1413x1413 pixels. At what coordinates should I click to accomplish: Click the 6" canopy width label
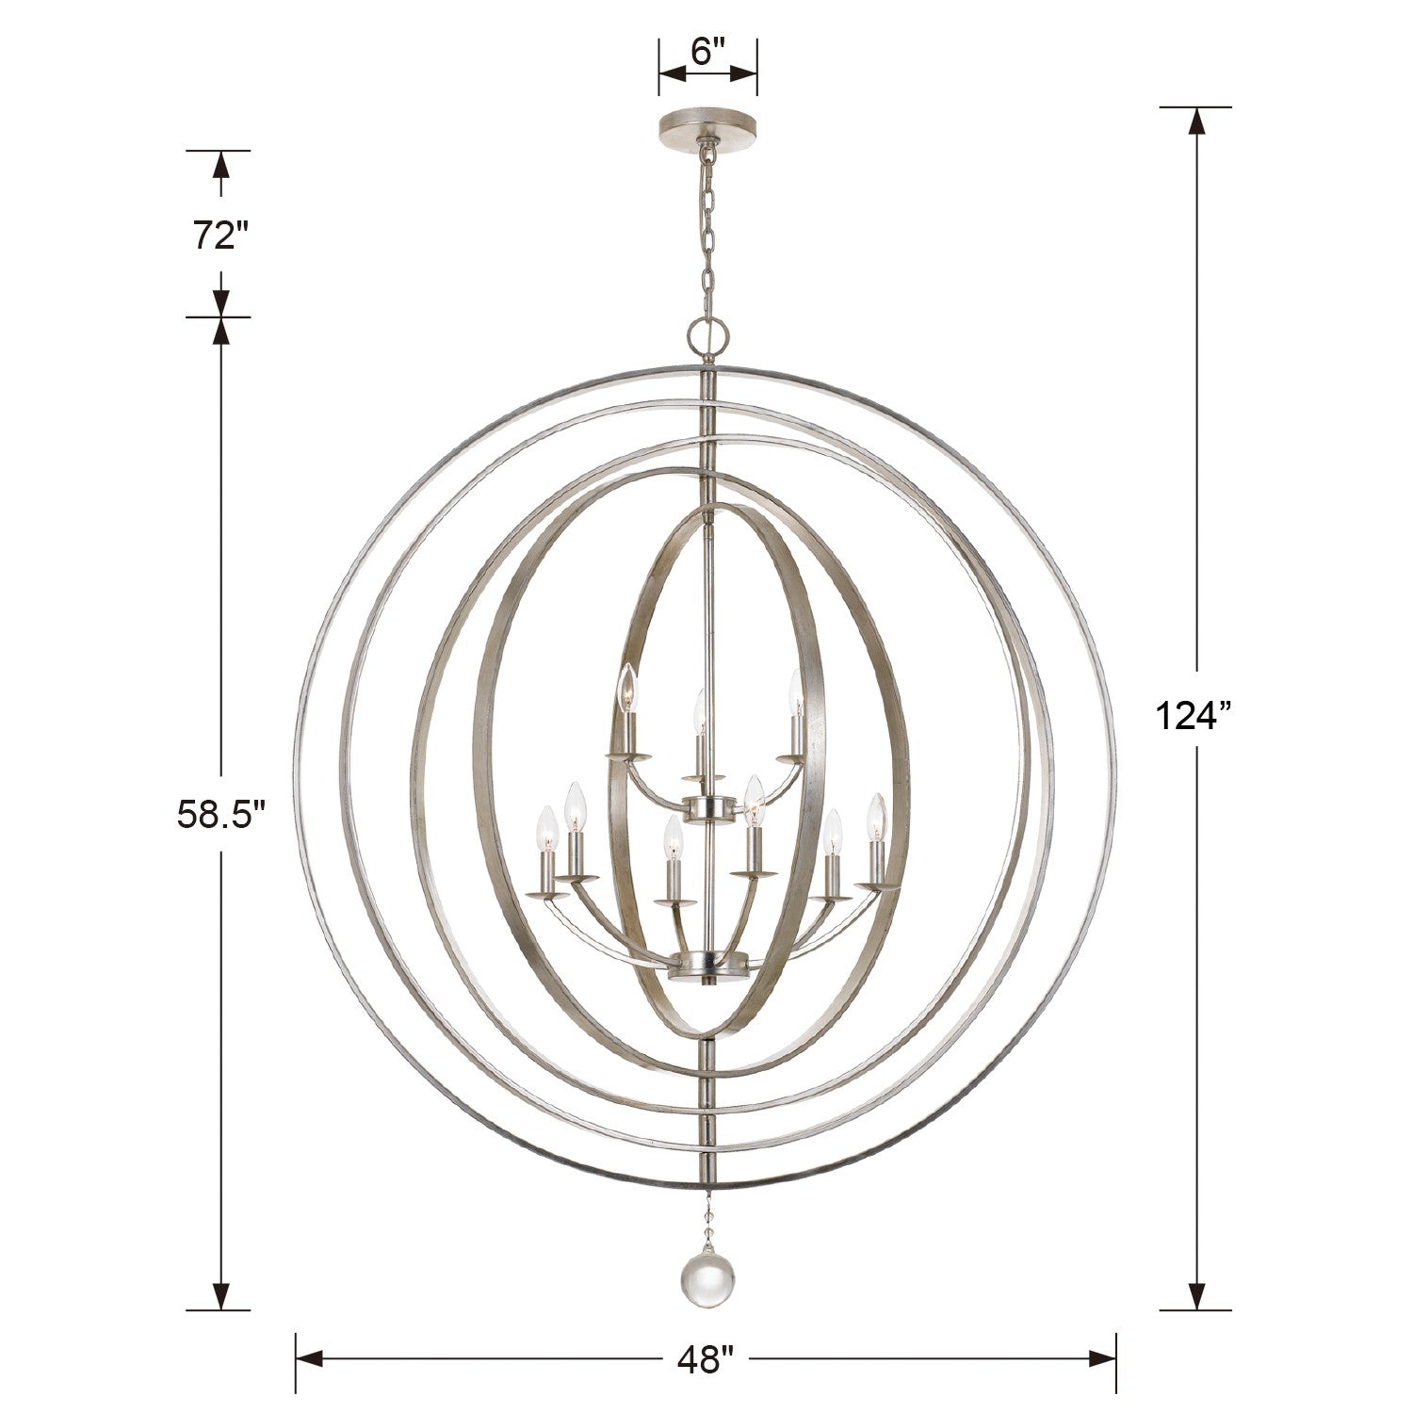[x=706, y=52]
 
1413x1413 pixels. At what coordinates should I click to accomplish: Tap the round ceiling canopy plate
[x=707, y=124]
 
